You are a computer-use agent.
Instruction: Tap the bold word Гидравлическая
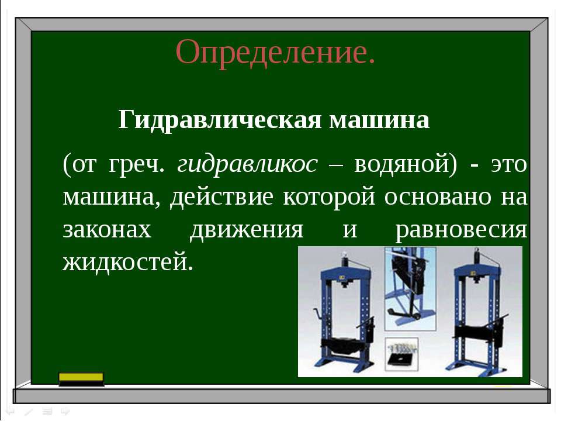[220, 120]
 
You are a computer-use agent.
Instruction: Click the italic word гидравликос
[247, 165]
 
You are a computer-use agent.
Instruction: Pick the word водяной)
[406, 164]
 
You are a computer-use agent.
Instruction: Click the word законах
[107, 230]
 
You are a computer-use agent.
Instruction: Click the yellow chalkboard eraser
[81, 379]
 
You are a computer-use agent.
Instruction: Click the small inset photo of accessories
[401, 354]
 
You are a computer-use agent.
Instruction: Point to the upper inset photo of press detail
[410, 288]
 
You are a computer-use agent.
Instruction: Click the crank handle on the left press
[317, 313]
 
